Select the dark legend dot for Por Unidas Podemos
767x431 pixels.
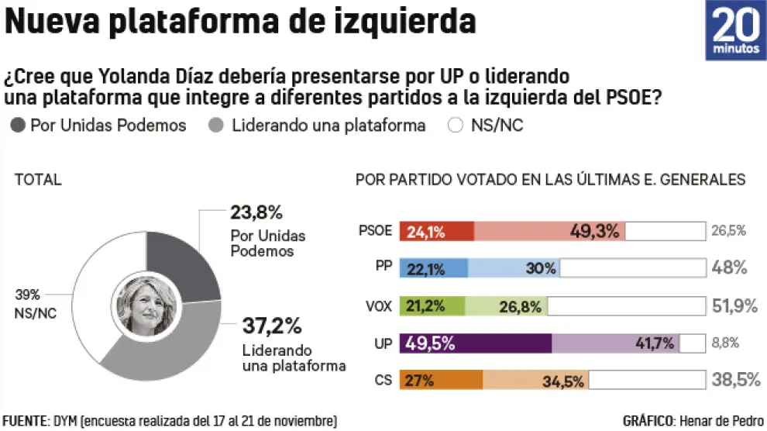[x=19, y=126]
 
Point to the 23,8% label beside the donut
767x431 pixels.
[x=256, y=212]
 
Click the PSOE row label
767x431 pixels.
[x=377, y=230]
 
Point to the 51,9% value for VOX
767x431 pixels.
[x=733, y=305]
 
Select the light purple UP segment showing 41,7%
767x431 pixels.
[x=615, y=343]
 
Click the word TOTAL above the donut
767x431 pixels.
[x=38, y=180]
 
